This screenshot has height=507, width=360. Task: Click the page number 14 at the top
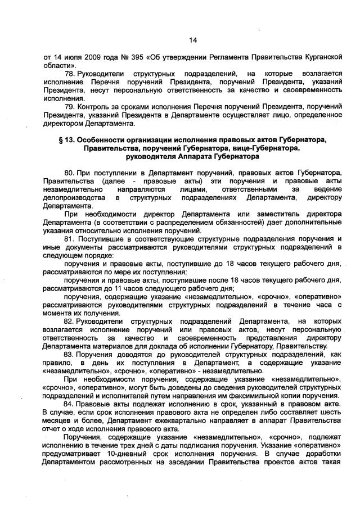click(x=193, y=39)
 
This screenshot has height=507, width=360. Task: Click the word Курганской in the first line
click(x=322, y=58)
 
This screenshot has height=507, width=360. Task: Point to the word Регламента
click(x=211, y=58)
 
